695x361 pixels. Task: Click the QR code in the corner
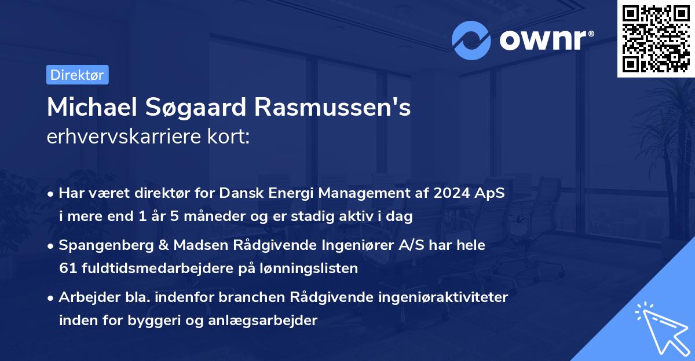(x=656, y=39)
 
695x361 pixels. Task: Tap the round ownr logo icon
(x=471, y=40)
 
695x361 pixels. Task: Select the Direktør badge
(x=77, y=75)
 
